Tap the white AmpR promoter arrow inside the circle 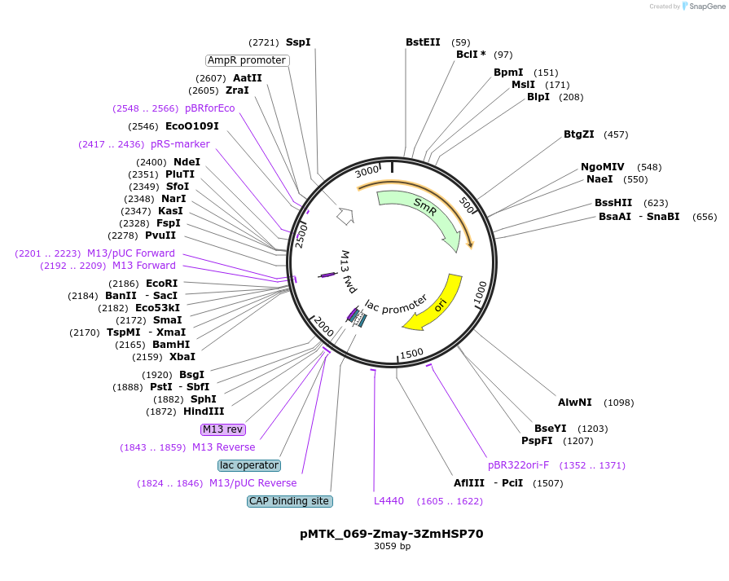(x=345, y=215)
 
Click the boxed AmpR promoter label (x=248, y=60)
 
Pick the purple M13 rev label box (x=222, y=429)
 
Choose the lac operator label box (x=249, y=465)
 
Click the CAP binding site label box (x=290, y=501)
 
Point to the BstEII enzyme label (x=423, y=42)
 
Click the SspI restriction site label (x=298, y=42)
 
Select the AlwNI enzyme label (x=574, y=403)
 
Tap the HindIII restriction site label (x=204, y=412)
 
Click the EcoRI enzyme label (x=162, y=284)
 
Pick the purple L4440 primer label (x=389, y=501)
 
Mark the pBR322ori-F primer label (x=518, y=465)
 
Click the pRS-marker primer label (x=180, y=144)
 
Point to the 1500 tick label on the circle (x=412, y=354)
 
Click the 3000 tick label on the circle (x=367, y=171)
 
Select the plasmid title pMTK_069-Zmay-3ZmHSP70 (x=392, y=534)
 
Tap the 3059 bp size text (x=392, y=546)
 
